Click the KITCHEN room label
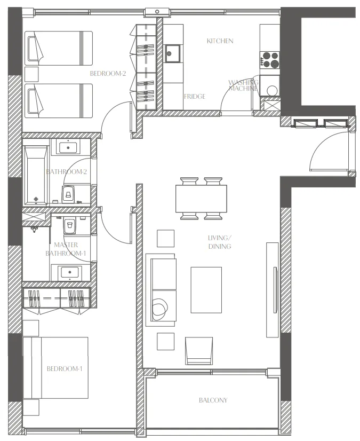[x=220, y=41]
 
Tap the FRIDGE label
[x=195, y=97]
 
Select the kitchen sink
[x=173, y=52]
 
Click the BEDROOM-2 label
[x=108, y=74]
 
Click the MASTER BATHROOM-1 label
[x=66, y=249]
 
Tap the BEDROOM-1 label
[x=65, y=369]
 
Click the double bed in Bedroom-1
[x=55, y=368]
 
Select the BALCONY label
[x=213, y=400]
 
